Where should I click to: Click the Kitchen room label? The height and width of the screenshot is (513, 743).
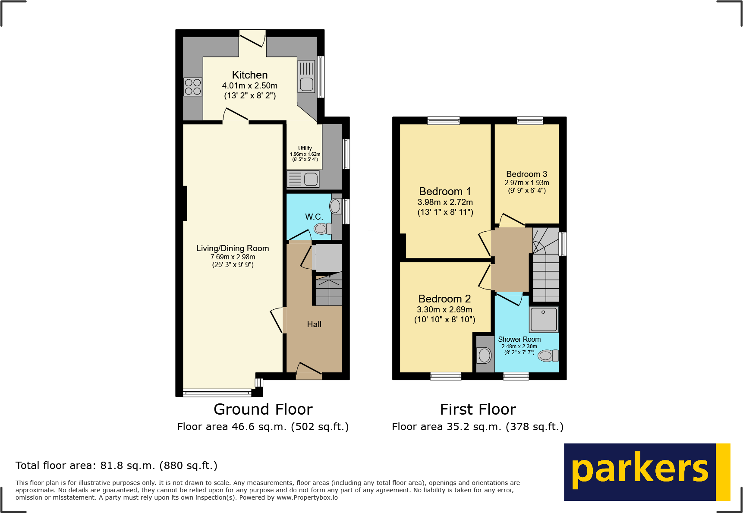tap(249, 75)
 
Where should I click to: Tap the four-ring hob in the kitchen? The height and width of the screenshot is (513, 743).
tap(192, 86)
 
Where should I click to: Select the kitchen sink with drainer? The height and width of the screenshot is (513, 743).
tap(306, 76)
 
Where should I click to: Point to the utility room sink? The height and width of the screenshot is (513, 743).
tap(303, 179)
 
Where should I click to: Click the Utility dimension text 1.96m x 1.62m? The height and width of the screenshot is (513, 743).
tap(305, 154)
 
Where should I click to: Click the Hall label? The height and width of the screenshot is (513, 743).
tap(314, 324)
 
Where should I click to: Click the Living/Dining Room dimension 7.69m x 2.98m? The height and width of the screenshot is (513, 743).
tap(233, 257)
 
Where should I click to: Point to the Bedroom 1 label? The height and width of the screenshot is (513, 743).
tap(445, 191)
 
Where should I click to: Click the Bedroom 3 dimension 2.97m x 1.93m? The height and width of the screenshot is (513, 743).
tap(526, 183)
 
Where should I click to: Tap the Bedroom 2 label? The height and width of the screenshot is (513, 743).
tap(444, 299)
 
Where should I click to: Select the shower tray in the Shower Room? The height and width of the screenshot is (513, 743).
tap(544, 319)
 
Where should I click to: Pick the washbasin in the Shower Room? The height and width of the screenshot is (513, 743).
tap(485, 356)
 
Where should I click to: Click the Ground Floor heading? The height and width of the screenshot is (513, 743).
tap(263, 409)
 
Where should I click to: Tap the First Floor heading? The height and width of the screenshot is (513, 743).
tap(478, 409)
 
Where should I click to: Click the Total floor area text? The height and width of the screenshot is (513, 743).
tap(116, 466)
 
